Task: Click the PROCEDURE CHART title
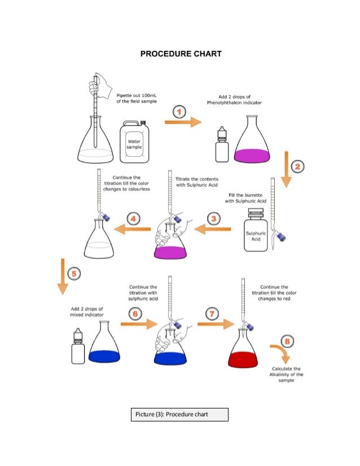(181, 54)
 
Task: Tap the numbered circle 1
(179, 112)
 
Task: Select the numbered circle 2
(298, 166)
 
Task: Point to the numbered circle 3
(213, 218)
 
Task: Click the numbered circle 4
(133, 218)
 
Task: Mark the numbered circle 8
(287, 341)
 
